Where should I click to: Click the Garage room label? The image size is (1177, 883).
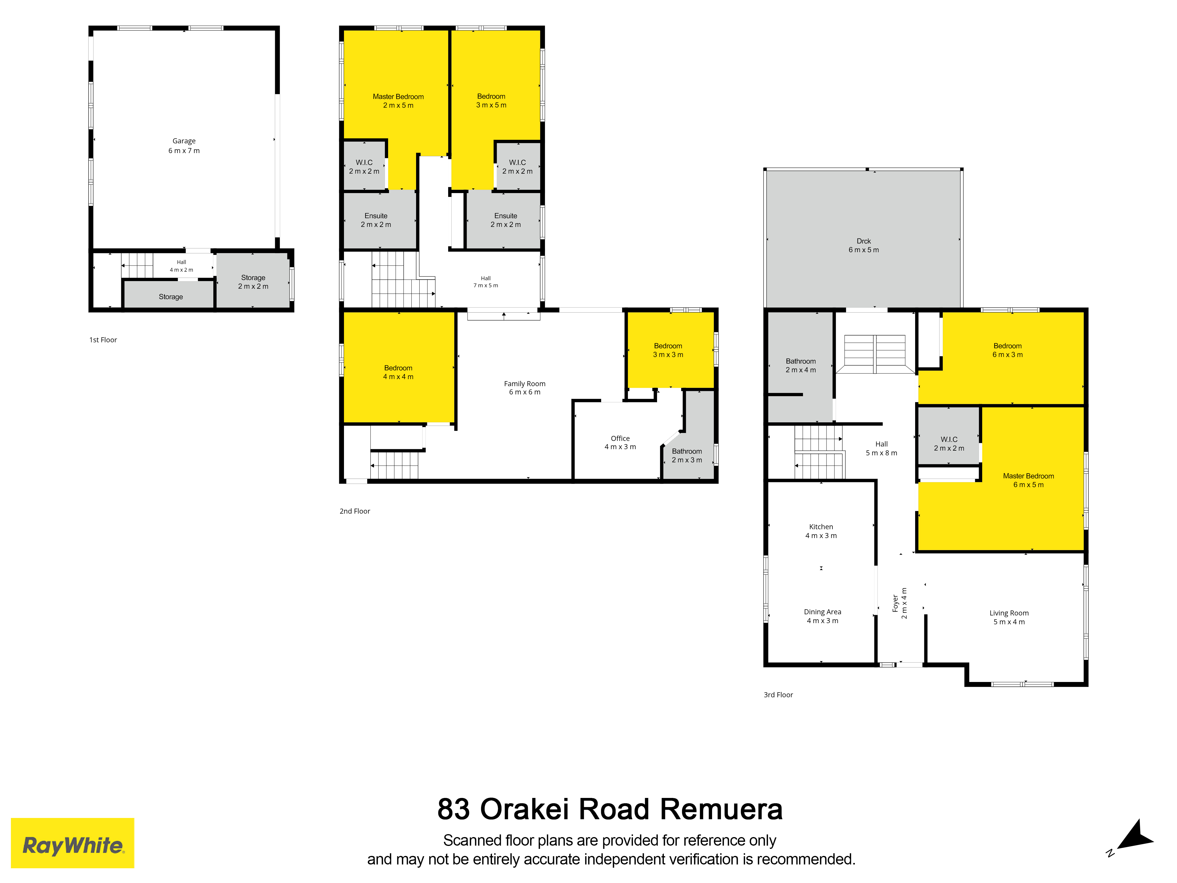(x=184, y=146)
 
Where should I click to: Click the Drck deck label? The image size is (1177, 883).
(x=864, y=246)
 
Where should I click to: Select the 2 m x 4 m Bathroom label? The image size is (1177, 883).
(x=801, y=366)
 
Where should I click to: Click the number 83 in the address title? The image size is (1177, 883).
(x=454, y=809)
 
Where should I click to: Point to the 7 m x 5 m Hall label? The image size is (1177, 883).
(x=486, y=282)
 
